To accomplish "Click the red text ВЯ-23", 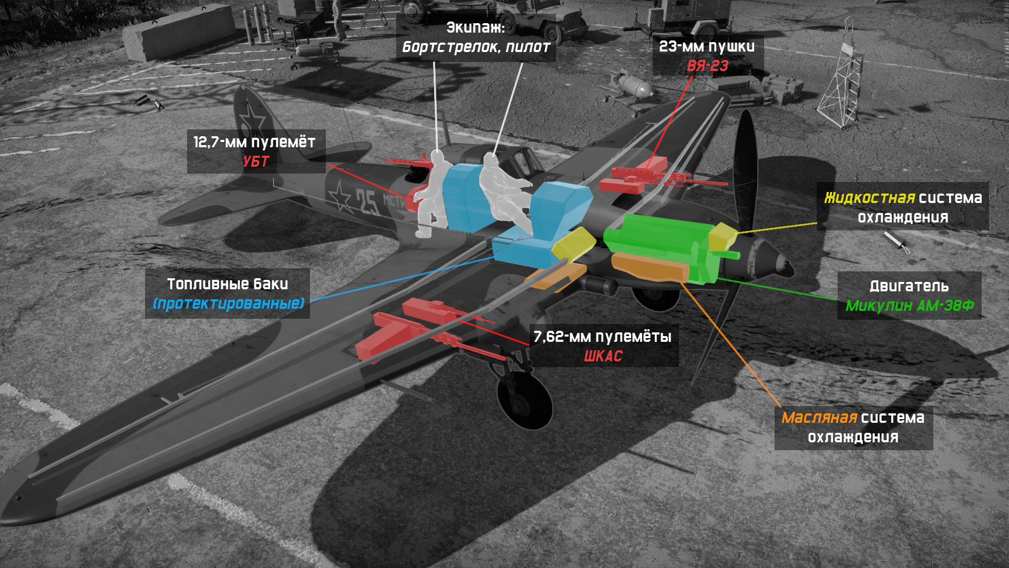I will pos(707,66).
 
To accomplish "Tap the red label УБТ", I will pos(256,161).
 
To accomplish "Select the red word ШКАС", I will pos(603,356).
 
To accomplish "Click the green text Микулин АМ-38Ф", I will pos(909,306).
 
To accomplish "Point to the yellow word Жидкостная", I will pos(869,198).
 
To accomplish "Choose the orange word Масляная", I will pos(819,418).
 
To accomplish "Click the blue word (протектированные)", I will pos(228,303).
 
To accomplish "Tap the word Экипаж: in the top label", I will pos(475,27).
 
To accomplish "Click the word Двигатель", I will pos(909,286).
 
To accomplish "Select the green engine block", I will pos(657,242).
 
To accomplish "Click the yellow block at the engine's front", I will pos(722,237).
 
